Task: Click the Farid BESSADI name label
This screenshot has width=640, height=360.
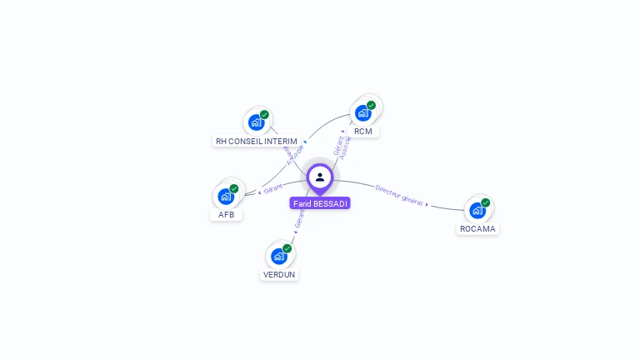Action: coord(320,203)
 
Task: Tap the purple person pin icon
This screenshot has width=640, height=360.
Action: coord(320,177)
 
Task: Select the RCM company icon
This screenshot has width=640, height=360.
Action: coord(362,112)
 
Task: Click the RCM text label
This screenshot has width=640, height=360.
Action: coord(362,132)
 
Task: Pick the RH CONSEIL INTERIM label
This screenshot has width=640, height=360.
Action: coord(257,142)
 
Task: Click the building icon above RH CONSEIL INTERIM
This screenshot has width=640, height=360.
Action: coord(256,122)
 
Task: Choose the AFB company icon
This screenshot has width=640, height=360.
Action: coord(226,197)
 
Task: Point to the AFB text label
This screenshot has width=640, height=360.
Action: coord(226,215)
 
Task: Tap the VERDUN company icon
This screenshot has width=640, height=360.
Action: coord(279,256)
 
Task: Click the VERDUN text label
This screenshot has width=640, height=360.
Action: coord(279,275)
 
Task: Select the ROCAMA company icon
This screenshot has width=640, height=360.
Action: coord(477,210)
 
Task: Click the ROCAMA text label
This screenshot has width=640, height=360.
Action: coord(477,229)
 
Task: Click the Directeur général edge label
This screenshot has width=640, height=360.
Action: coord(398,195)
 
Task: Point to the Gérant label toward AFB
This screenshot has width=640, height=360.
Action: coord(273,187)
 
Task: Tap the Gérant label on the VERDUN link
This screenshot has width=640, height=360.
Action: coord(298,218)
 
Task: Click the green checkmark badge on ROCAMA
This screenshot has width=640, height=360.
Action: coord(485,202)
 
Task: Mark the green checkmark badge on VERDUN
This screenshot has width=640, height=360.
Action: coord(287,248)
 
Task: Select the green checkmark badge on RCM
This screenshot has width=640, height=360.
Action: coord(371,105)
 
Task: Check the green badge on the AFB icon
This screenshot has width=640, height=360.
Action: coord(234,188)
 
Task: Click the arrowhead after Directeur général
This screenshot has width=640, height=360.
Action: coord(427,204)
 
